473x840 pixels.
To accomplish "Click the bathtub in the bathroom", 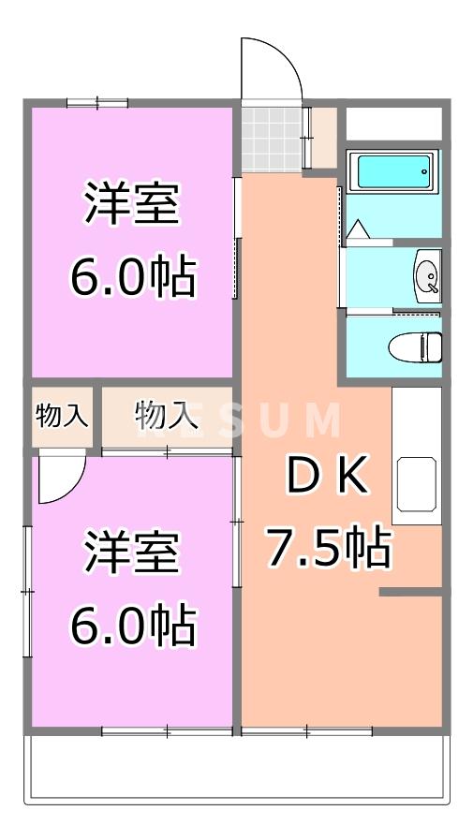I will pos(393,172).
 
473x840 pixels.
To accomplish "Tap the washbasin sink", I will pos(426,275).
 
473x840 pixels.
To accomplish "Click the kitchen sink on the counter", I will pos(417,484).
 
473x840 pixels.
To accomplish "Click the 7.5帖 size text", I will pos(327,548).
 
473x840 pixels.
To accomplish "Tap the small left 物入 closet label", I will pos(62,415).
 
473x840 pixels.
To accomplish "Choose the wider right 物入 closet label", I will pos(167,413).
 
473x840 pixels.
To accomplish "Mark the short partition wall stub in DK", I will pos(409,593).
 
